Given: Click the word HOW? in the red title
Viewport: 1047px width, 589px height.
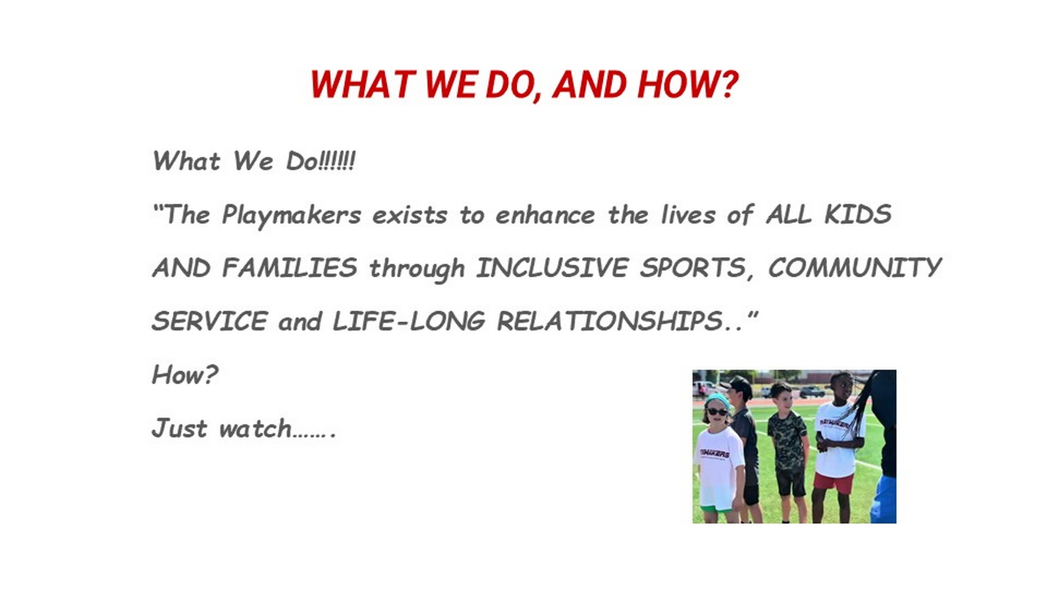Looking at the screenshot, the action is click(x=688, y=85).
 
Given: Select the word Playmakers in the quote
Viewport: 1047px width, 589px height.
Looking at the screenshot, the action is click(x=291, y=215).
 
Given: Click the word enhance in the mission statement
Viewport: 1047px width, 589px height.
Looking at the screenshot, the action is click(x=545, y=215).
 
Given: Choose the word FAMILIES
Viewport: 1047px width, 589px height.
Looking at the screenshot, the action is click(x=289, y=267).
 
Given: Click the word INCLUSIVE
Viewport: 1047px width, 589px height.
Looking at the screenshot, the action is click(x=552, y=267).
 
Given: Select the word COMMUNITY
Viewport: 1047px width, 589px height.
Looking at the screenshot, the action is click(x=854, y=267).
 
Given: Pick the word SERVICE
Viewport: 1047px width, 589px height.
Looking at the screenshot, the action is click(x=210, y=321).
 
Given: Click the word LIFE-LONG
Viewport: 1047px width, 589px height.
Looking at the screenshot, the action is click(x=408, y=321).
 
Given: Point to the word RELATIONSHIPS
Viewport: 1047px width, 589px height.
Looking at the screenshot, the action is click(x=610, y=321).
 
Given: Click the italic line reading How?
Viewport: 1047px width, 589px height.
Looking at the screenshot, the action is click(x=185, y=374).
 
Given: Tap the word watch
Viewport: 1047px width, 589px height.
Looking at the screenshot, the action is click(x=255, y=429).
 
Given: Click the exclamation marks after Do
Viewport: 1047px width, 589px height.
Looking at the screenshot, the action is click(x=337, y=161).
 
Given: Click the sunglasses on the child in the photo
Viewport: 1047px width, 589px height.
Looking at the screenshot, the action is click(x=716, y=412).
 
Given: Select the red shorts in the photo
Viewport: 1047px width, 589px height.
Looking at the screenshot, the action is click(x=834, y=483).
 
